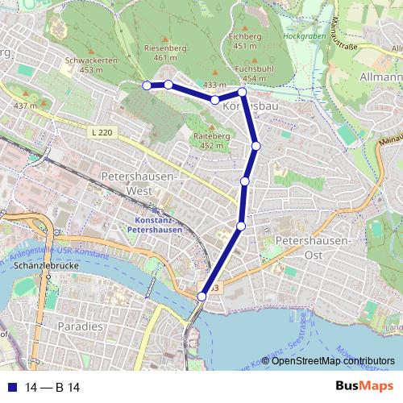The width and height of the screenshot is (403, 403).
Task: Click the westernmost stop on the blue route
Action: click(x=146, y=85)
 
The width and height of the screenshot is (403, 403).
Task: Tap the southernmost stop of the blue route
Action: click(x=201, y=297)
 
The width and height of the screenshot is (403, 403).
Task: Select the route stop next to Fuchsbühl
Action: click(x=242, y=93)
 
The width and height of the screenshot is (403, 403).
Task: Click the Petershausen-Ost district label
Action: click(x=313, y=247)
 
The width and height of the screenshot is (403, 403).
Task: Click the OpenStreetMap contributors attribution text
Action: click(x=333, y=361)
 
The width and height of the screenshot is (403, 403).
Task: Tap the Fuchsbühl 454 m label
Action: click(x=250, y=74)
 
